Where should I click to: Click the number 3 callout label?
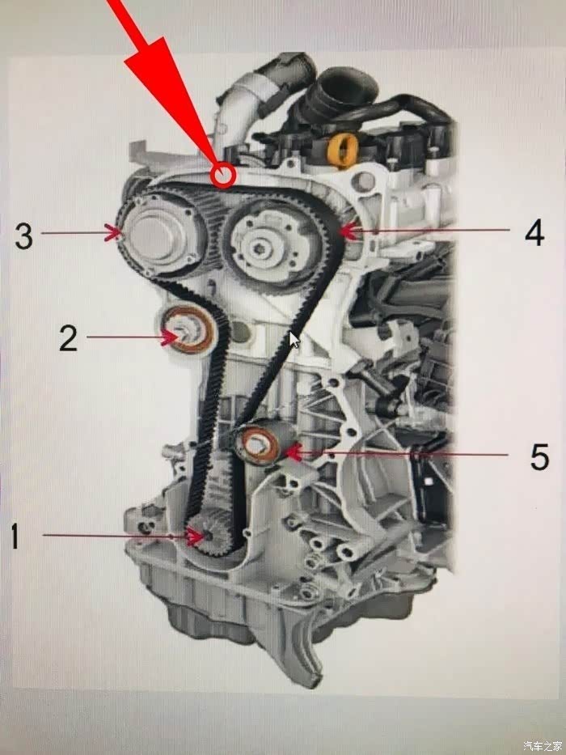pyautogui.click(x=24, y=235)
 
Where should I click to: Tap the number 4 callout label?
pyautogui.click(x=534, y=232)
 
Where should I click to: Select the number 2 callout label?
pyautogui.click(x=68, y=338)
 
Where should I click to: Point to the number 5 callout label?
pyautogui.click(x=539, y=456)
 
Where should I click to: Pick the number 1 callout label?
pyautogui.click(x=15, y=536)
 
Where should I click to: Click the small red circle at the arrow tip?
pyautogui.click(x=223, y=175)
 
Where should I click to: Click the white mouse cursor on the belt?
pyautogui.click(x=294, y=339)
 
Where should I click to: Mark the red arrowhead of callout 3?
pyautogui.click(x=115, y=233)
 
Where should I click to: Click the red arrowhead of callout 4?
pyautogui.click(x=349, y=231)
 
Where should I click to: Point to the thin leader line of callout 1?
pyautogui.click(x=116, y=535)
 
